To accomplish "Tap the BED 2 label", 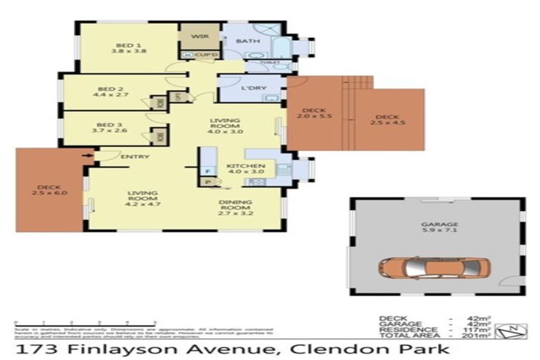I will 111,89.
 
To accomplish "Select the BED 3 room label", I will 111,127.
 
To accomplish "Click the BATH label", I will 243,41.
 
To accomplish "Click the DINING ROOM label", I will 236,206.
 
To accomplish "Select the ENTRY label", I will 135,156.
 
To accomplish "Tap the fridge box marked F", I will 207,171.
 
